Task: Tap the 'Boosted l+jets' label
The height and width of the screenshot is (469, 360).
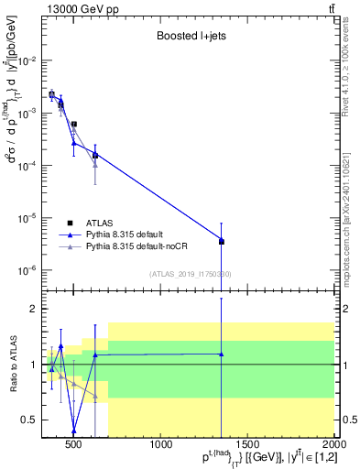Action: tap(186, 37)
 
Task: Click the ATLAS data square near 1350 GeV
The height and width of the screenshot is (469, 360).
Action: tap(222, 242)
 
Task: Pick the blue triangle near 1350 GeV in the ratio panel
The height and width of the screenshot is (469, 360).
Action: tap(222, 354)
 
